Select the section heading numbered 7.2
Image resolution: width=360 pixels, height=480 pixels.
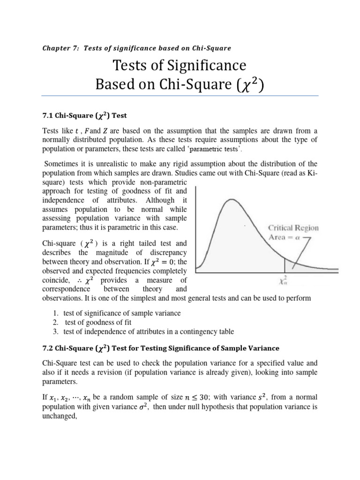pos(161,348)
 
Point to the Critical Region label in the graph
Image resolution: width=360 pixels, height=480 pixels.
pos(293,228)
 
